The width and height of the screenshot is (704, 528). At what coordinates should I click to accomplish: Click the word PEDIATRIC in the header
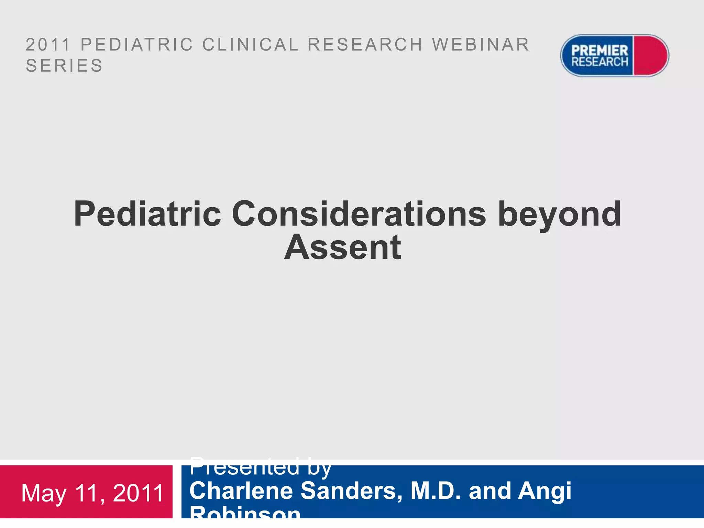click(137, 45)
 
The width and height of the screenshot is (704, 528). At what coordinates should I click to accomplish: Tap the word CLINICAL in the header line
click(250, 45)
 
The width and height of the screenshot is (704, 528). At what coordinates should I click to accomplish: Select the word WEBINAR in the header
click(481, 45)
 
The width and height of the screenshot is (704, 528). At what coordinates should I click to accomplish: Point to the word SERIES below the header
click(64, 66)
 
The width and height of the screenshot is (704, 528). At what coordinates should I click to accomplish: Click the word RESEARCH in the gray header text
click(365, 45)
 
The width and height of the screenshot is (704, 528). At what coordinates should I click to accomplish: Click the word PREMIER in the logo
click(599, 51)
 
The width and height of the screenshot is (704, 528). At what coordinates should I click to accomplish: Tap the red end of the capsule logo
click(650, 55)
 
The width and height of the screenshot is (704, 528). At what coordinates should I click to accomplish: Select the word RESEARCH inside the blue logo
click(599, 62)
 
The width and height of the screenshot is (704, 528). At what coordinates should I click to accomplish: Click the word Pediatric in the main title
click(147, 214)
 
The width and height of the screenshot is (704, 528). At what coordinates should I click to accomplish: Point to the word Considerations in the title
click(359, 214)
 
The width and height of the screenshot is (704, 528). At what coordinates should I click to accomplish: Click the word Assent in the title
click(343, 247)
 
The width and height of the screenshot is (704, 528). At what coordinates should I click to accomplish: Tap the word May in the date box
click(44, 494)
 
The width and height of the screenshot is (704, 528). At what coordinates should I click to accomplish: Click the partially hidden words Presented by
click(260, 468)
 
